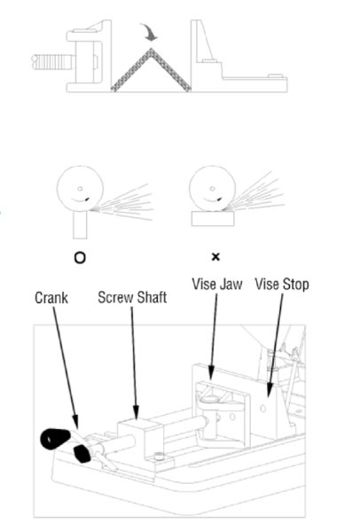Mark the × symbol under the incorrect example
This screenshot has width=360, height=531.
[x=214, y=258]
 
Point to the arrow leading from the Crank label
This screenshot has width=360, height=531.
[x=63, y=372]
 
